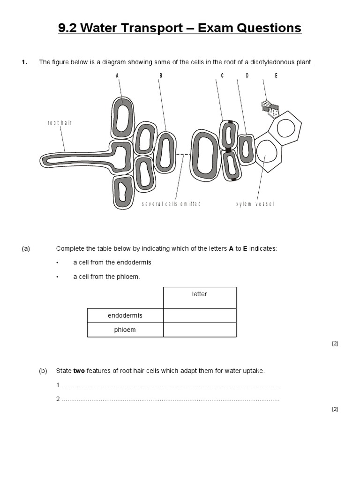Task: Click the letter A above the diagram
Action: tap(117, 75)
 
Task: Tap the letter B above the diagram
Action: tap(160, 75)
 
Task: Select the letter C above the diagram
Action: tap(222, 75)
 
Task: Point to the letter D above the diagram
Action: tap(247, 75)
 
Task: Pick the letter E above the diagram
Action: tap(276, 75)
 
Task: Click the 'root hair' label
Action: tap(60, 123)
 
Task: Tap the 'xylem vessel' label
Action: tap(255, 204)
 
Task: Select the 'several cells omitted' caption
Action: tap(171, 204)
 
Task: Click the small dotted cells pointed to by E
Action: tap(270, 108)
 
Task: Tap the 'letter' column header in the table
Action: tap(199, 294)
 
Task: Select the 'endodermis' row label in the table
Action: tap(125, 315)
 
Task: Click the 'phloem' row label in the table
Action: tap(125, 330)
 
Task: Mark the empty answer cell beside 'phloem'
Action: tap(199, 330)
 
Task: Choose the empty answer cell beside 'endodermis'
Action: tap(199, 315)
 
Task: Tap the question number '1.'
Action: tap(25, 62)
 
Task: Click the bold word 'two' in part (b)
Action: tap(79, 371)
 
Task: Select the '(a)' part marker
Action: tap(26, 248)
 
